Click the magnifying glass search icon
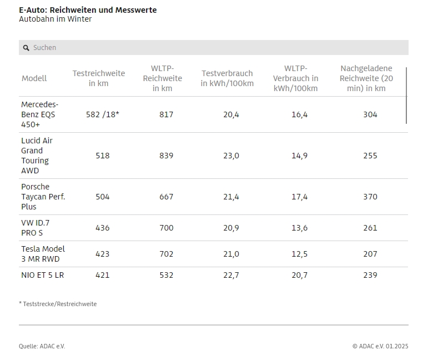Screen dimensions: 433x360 click(x=26, y=48)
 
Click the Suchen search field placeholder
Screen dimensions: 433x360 click(x=45, y=48)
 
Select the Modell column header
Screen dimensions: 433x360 click(x=34, y=78)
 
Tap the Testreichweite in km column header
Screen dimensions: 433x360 click(x=99, y=78)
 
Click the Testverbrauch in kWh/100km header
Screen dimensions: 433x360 click(x=227, y=78)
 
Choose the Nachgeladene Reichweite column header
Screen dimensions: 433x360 click(x=366, y=78)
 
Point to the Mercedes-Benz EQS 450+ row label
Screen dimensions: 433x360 click(x=40, y=114)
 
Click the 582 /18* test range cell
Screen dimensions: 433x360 click(x=103, y=114)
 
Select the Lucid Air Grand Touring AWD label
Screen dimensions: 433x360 click(x=37, y=156)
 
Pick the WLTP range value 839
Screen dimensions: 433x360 click(x=166, y=156)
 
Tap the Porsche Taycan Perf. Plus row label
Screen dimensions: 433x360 click(x=43, y=197)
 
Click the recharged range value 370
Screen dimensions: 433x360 click(x=370, y=197)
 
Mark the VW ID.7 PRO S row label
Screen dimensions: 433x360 click(x=36, y=228)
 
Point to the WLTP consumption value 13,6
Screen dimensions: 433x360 click(x=300, y=228)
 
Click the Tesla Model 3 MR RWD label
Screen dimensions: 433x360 click(x=43, y=254)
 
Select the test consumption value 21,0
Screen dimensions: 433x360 click(x=231, y=254)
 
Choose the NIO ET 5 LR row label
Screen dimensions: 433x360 click(x=43, y=275)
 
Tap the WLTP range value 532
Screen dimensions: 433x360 click(x=166, y=275)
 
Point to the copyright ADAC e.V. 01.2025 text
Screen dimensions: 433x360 click(x=380, y=346)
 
